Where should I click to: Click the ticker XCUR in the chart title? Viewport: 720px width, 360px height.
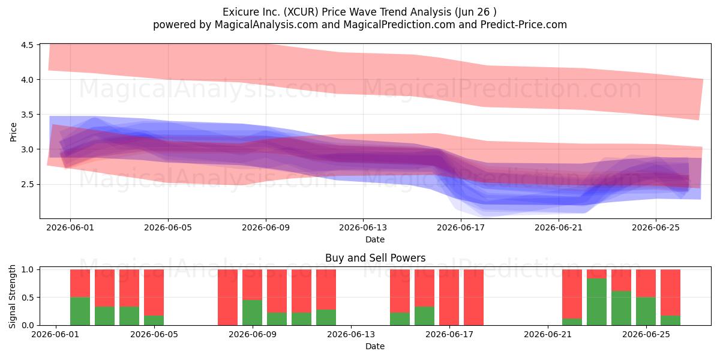[302, 12]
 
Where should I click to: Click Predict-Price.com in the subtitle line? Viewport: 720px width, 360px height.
[524, 25]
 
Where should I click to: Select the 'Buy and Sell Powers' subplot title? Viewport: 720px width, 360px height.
[375, 258]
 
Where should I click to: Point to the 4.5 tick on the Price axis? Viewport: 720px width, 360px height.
[27, 45]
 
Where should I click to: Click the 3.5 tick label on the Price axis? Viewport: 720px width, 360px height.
[27, 115]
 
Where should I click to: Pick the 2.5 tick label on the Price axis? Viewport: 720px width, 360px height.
[27, 185]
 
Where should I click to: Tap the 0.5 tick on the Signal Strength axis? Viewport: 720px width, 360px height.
[27, 298]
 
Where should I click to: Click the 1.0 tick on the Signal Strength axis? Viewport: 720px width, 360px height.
[27, 269]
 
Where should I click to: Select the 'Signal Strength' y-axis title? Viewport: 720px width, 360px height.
[12, 296]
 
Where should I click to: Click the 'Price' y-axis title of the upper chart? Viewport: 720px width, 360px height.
[13, 132]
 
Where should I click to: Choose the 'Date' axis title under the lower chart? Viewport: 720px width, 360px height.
[375, 346]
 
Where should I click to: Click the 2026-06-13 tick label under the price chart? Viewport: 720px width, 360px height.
[363, 227]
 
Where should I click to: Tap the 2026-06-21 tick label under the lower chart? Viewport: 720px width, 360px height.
[548, 335]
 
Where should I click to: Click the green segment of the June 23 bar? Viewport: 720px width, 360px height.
[596, 302]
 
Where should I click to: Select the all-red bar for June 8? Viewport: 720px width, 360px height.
[227, 298]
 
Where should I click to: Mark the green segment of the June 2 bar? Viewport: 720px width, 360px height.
[80, 311]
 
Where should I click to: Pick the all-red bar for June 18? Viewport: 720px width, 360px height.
[473, 298]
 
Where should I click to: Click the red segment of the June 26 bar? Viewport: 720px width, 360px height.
[670, 293]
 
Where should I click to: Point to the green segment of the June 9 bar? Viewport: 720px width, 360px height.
[253, 313]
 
